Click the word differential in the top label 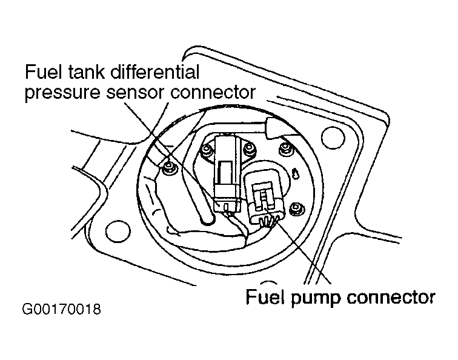pos(151,73)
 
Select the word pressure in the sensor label pos(61,93)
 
